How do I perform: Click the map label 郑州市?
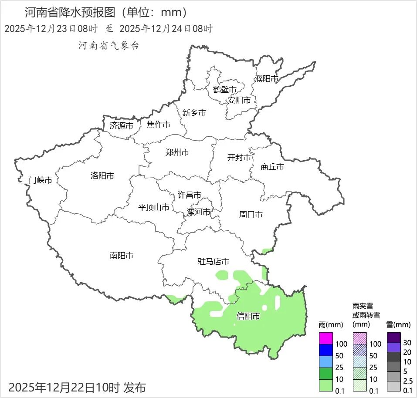pyautogui.click(x=177, y=152)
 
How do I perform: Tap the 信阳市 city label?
pyautogui.click(x=248, y=316)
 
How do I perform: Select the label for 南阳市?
pyautogui.click(x=122, y=256)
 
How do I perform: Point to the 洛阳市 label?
pyautogui.click(x=102, y=175)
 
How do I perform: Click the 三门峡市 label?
pyautogui.click(x=37, y=180)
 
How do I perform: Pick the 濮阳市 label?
pyautogui.click(x=266, y=79)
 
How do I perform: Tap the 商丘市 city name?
pyautogui.click(x=272, y=166)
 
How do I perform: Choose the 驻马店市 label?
pyautogui.click(x=214, y=262)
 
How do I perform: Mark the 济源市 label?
pyautogui.click(x=121, y=126)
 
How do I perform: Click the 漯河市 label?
pyautogui.click(x=199, y=212)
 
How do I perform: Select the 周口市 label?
pyautogui.click(x=251, y=215)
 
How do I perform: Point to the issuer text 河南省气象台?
pyautogui.click(x=108, y=46)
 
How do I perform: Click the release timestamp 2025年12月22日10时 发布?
pyautogui.click(x=77, y=387)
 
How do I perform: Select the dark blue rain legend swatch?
pyautogui.click(x=326, y=350)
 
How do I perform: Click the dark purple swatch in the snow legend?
pyautogui.click(x=393, y=337)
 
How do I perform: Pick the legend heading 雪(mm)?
pyautogui.click(x=398, y=325)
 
